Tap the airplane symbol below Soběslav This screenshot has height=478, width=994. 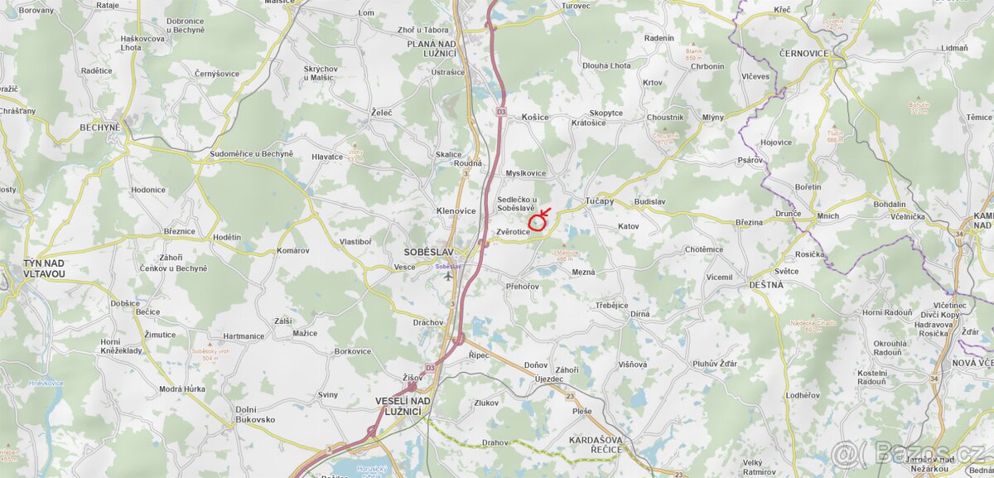(448, 276)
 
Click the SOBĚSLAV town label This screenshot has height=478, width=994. (429, 251)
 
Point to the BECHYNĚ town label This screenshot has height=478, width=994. (100, 128)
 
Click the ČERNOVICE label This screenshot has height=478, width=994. (803, 53)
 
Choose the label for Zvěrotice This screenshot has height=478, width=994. (513, 232)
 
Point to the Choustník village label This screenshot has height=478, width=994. (665, 118)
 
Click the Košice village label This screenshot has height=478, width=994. (535, 118)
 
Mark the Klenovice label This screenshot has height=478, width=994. (456, 211)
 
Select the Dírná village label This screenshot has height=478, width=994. (639, 314)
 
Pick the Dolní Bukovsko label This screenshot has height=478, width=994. (255, 414)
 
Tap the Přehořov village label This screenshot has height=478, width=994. (522, 287)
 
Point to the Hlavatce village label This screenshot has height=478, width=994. (327, 157)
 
